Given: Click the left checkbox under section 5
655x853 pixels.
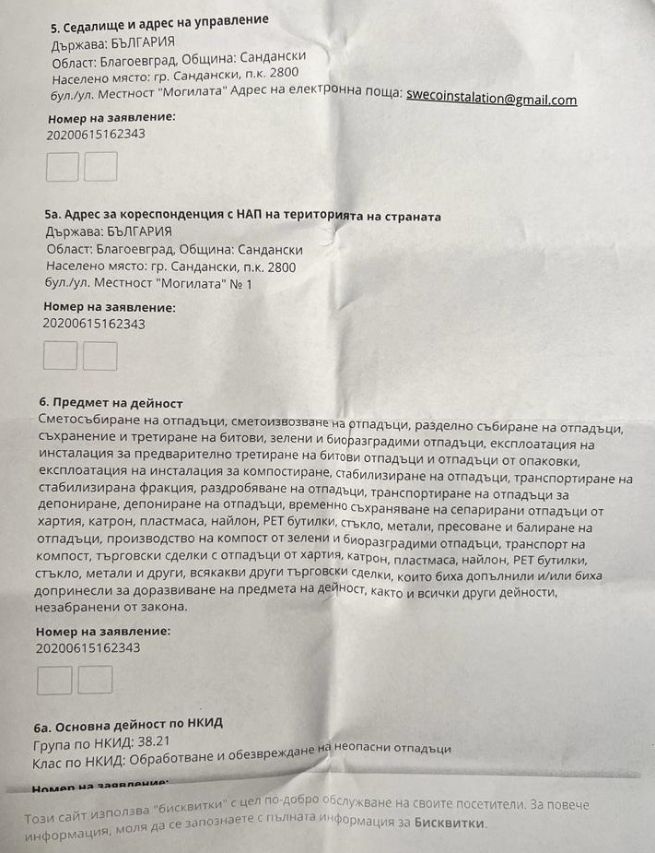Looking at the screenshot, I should pyautogui.click(x=63, y=167).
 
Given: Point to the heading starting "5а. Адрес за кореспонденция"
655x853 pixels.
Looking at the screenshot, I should pyautogui.click(x=242, y=216).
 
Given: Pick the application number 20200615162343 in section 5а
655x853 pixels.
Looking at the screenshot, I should pyautogui.click(x=93, y=324).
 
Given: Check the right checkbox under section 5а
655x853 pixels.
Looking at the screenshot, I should pyautogui.click(x=100, y=356).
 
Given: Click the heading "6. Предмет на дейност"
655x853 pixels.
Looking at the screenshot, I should pyautogui.click(x=111, y=403).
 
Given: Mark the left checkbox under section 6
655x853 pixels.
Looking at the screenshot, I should pyautogui.click(x=53, y=680).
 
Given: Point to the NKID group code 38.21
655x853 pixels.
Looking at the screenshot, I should pyautogui.click(x=155, y=740).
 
